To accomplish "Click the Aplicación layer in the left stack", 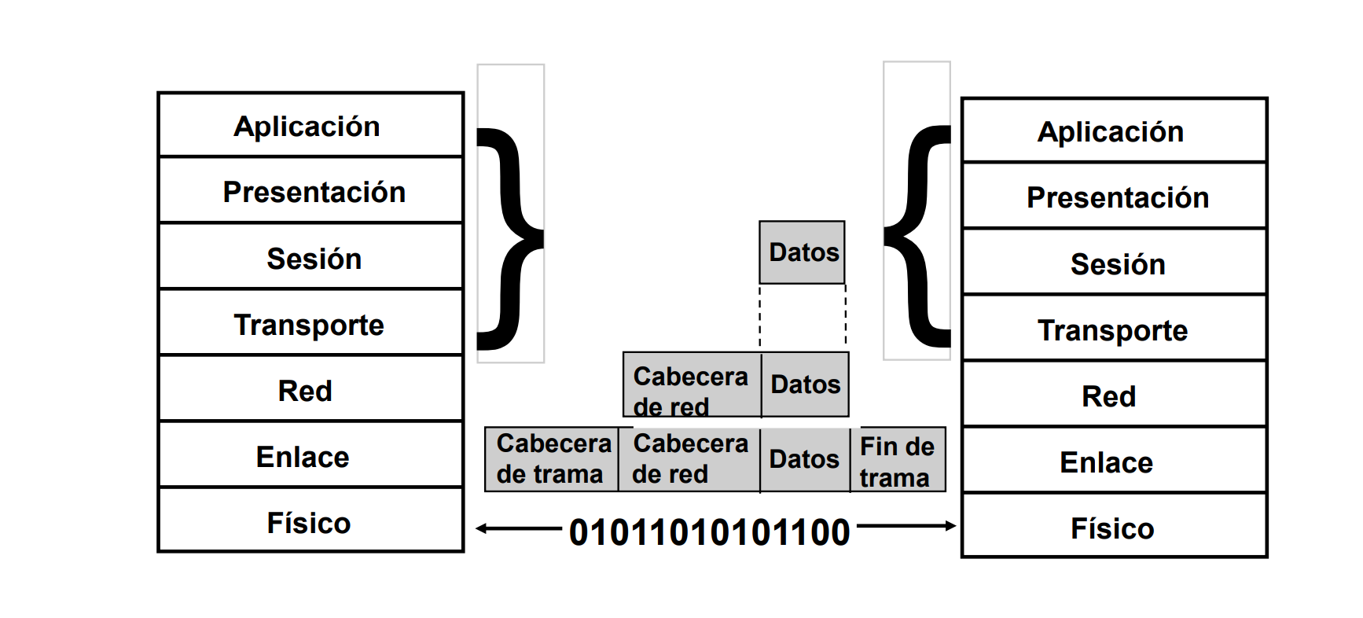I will tap(310, 126).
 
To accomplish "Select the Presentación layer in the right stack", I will tap(1114, 197).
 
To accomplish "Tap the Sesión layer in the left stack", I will tap(310, 258).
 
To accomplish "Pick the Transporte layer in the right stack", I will tap(1114, 329).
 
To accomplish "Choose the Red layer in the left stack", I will tap(310, 390).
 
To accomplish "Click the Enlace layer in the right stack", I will tap(1114, 462).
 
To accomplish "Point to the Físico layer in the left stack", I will tap(310, 522).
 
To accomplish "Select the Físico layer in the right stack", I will tap(1114, 528).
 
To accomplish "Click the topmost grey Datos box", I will tap(802, 252).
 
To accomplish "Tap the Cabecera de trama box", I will tap(552, 459).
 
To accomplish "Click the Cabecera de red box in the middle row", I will tap(692, 385).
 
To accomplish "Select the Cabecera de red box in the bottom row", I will tap(689, 459).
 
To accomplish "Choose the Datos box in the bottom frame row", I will tap(804, 459).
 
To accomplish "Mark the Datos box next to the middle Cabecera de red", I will tap(805, 384).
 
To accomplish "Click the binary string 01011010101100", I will tap(709, 532).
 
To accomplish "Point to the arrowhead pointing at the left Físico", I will tap(482, 528).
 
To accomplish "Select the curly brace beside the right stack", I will tap(918, 236).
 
